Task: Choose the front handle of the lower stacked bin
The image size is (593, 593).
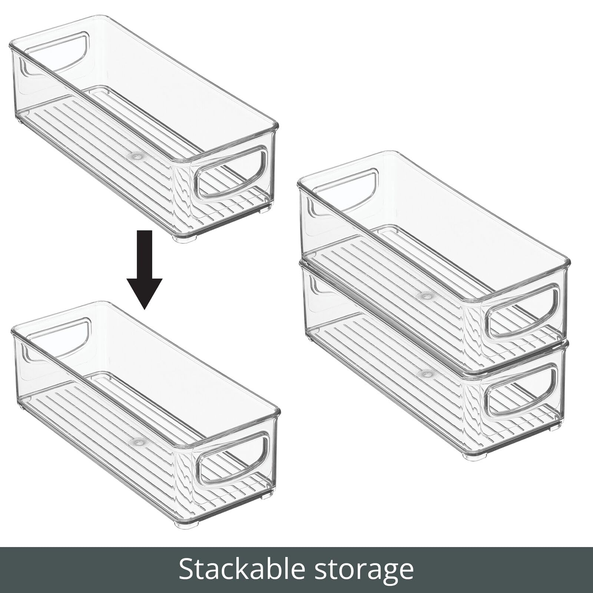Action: point(521,393)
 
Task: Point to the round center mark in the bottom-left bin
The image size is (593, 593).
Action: point(139,442)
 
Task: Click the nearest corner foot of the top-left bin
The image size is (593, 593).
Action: point(185,239)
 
